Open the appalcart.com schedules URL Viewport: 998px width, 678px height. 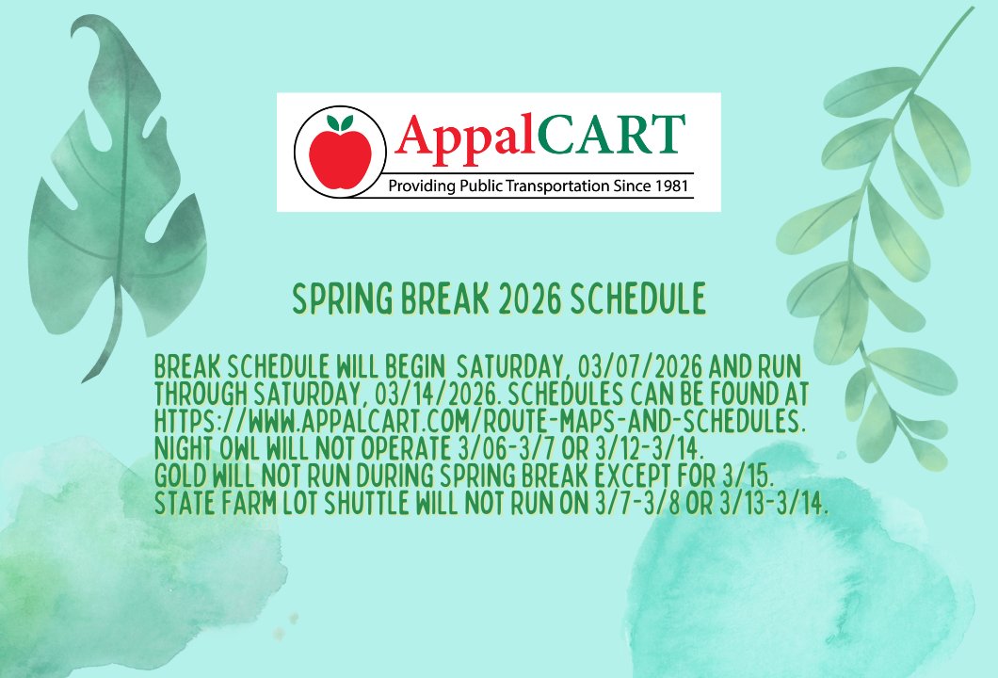[x=479, y=414]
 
